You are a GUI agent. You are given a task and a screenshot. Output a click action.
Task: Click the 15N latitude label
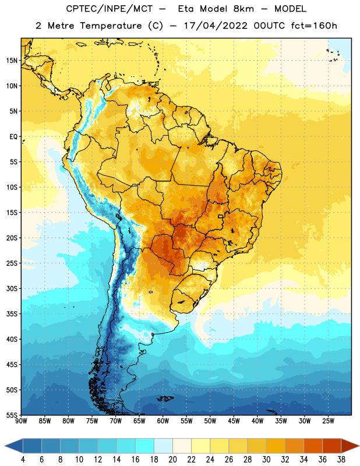click(12, 61)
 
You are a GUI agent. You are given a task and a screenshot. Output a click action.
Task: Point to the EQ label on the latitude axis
click(13, 137)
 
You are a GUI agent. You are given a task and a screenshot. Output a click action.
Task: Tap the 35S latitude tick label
click(12, 314)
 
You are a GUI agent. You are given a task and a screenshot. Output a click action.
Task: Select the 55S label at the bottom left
click(12, 415)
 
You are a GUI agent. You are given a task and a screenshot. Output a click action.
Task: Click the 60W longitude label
click(163, 421)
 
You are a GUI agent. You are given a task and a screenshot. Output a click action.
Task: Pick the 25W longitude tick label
click(328, 421)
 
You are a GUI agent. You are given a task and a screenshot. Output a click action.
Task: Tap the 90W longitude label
click(21, 421)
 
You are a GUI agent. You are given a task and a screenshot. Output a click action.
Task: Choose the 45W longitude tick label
click(234, 421)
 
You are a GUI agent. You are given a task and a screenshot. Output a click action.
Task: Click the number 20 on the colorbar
click(172, 460)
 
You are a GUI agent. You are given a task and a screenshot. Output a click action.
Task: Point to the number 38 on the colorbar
click(341, 460)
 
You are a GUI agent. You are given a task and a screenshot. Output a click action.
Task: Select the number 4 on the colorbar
click(23, 460)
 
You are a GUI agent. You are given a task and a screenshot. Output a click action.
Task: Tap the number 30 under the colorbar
click(266, 460)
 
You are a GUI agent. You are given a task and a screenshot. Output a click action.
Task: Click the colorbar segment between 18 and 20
click(163, 446)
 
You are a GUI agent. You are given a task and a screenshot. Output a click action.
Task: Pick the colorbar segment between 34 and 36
click(313, 446)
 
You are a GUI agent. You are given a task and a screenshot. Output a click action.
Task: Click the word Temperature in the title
click(111, 26)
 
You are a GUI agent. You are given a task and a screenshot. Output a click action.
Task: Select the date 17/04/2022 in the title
click(216, 26)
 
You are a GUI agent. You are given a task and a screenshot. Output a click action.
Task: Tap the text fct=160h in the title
click(314, 26)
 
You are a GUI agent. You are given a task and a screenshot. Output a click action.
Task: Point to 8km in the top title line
click(243, 9)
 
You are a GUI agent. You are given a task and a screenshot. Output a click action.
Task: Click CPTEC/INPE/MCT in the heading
click(110, 9)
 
